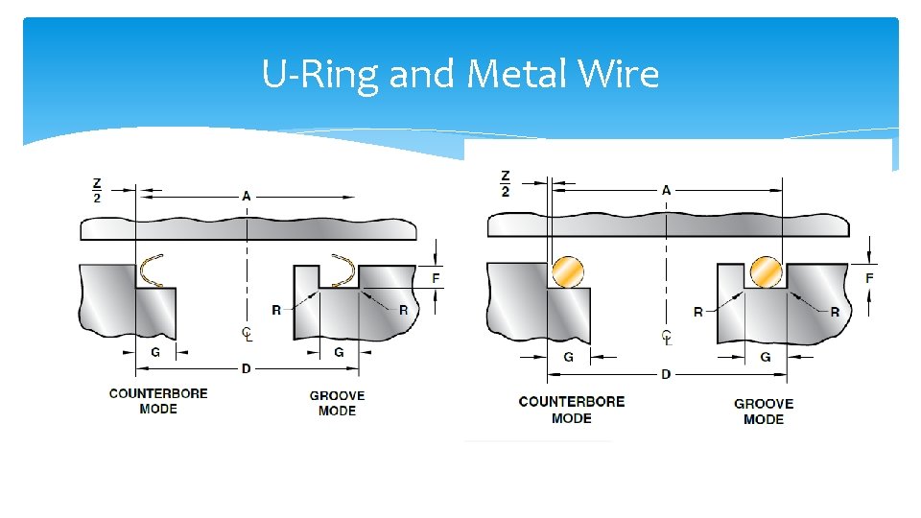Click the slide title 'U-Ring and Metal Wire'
click(460, 74)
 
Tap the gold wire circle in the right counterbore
click(567, 271)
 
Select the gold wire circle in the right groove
click(767, 271)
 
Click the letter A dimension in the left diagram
click(247, 197)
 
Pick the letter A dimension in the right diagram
click(666, 190)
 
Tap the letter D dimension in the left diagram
click(247, 368)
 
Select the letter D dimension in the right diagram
click(666, 373)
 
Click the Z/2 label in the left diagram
click(97, 190)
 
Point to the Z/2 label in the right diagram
click(506, 183)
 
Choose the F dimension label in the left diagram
click(437, 278)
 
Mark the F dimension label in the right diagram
click(869, 278)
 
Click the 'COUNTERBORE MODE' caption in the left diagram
click(158, 401)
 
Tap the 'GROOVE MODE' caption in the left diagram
click(337, 403)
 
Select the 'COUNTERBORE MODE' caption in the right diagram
click(572, 410)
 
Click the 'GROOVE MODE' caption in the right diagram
click(764, 412)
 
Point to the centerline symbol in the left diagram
click(248, 334)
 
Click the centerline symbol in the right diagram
click(666, 338)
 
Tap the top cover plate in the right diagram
click(669, 224)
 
